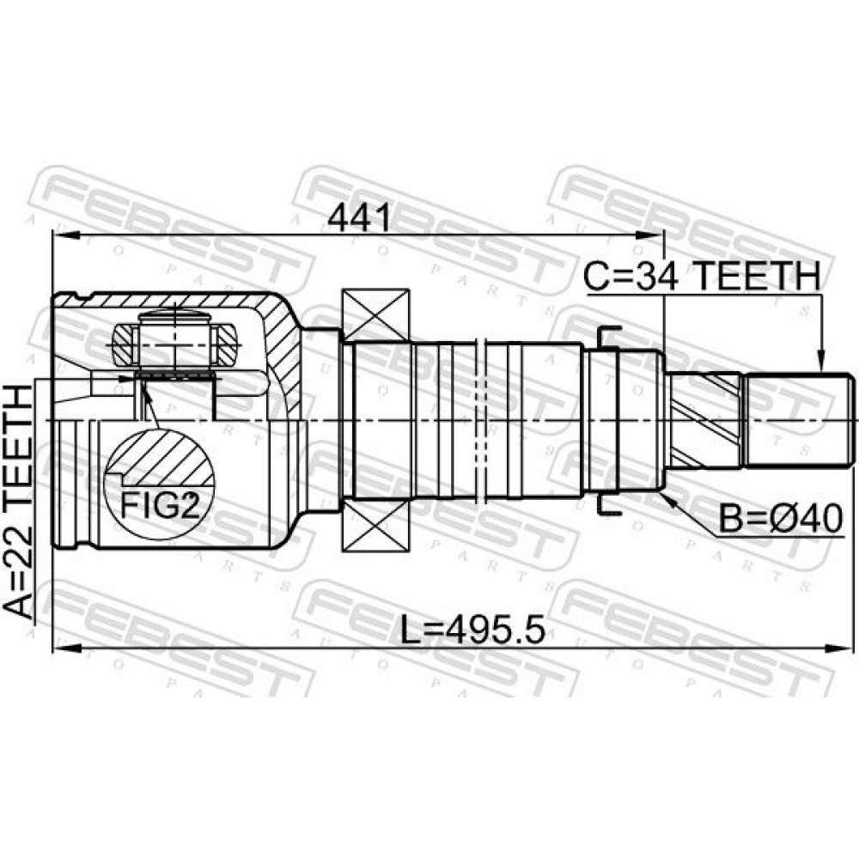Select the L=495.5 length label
coord(472,630)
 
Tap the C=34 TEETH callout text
coord(701,276)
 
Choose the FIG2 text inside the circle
coord(159,506)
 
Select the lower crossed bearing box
coord(375,523)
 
